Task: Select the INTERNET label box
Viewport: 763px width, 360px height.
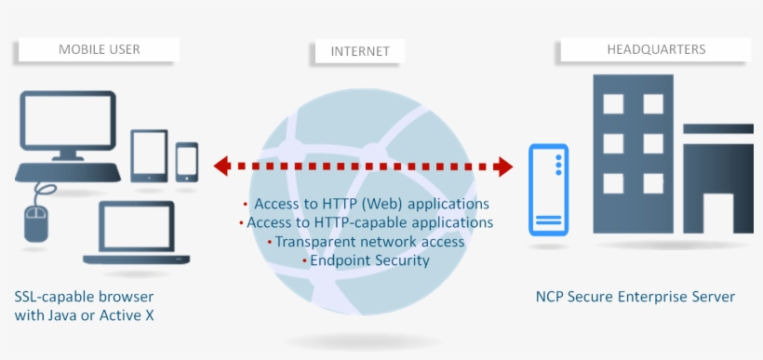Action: coord(360,51)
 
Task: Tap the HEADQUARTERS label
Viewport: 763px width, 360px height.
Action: coord(656,49)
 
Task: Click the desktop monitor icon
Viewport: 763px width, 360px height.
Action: coord(67,126)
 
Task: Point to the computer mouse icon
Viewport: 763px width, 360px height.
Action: coord(35,223)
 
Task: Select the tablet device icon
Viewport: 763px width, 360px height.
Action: coord(149,154)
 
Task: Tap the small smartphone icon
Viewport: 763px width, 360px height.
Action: coord(187,161)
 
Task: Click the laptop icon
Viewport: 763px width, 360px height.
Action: coord(137,233)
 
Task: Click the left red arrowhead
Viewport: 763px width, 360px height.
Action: coord(222,167)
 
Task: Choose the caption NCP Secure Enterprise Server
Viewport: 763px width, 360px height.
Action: coord(635,297)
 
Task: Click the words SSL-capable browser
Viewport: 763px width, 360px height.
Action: coord(84,297)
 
